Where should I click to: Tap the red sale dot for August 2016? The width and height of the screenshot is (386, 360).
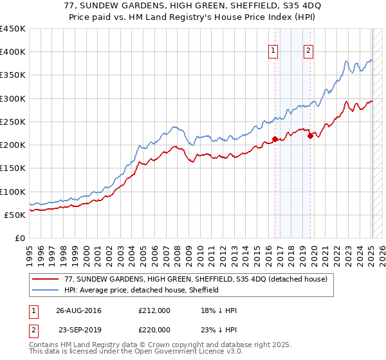(x=275, y=139)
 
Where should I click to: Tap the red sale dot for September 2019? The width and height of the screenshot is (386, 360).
(x=310, y=135)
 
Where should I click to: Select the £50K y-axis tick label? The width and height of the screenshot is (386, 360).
(x=15, y=215)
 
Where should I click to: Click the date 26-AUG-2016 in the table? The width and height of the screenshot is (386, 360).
(x=78, y=310)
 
